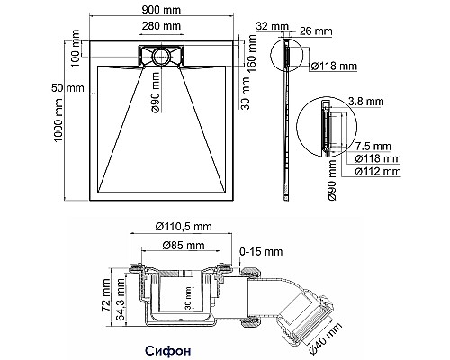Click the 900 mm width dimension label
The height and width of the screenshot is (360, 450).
click(161, 10)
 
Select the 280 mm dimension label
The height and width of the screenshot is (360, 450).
click(161, 26)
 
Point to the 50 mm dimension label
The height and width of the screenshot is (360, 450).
click(67, 88)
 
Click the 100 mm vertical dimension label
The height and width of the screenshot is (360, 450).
click(76, 48)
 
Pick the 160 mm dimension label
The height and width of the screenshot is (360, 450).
click(253, 53)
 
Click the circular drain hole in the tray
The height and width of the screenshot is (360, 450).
click(161, 56)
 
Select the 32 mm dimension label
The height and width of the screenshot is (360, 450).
click(272, 26)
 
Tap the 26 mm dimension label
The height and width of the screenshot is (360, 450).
click(316, 31)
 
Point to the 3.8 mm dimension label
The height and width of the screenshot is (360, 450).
click(365, 102)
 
